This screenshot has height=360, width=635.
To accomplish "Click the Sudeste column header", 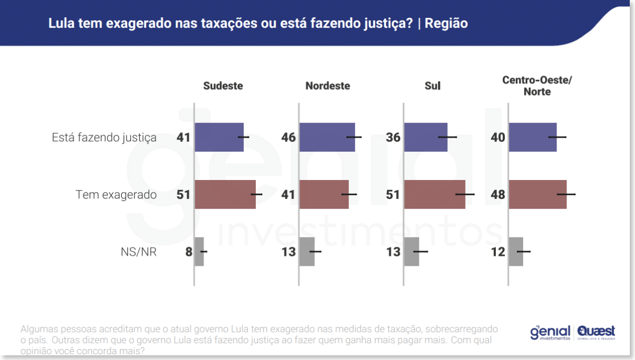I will click(223, 86).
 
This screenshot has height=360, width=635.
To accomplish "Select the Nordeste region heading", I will click(327, 86).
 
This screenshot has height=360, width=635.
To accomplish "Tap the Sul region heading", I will click(433, 86).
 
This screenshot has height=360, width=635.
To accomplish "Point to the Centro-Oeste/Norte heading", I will click(537, 85).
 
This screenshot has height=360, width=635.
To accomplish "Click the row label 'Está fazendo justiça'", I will click(104, 138).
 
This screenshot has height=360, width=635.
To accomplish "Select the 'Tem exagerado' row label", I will click(116, 195).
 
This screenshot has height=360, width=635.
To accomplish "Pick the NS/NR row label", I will click(139, 252).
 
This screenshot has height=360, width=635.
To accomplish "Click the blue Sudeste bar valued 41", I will click(219, 137).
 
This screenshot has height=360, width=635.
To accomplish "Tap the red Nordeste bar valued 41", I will click(323, 194).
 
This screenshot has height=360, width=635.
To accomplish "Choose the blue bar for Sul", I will click(425, 137).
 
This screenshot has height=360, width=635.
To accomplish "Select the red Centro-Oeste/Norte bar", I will click(537, 194).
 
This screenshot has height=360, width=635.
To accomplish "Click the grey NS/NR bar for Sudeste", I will click(199, 252).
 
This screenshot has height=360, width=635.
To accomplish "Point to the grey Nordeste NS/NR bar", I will click(307, 252).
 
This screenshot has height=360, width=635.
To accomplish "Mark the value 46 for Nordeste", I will click(288, 138).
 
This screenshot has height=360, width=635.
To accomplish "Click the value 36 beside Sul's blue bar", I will click(393, 138).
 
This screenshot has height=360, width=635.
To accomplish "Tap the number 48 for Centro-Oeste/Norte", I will click(498, 195).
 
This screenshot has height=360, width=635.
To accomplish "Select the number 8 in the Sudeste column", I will click(188, 252).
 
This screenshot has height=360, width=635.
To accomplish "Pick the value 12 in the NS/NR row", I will click(498, 252).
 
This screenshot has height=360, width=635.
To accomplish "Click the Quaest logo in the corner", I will click(596, 332).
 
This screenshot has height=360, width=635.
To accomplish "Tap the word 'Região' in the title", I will click(446, 24).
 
